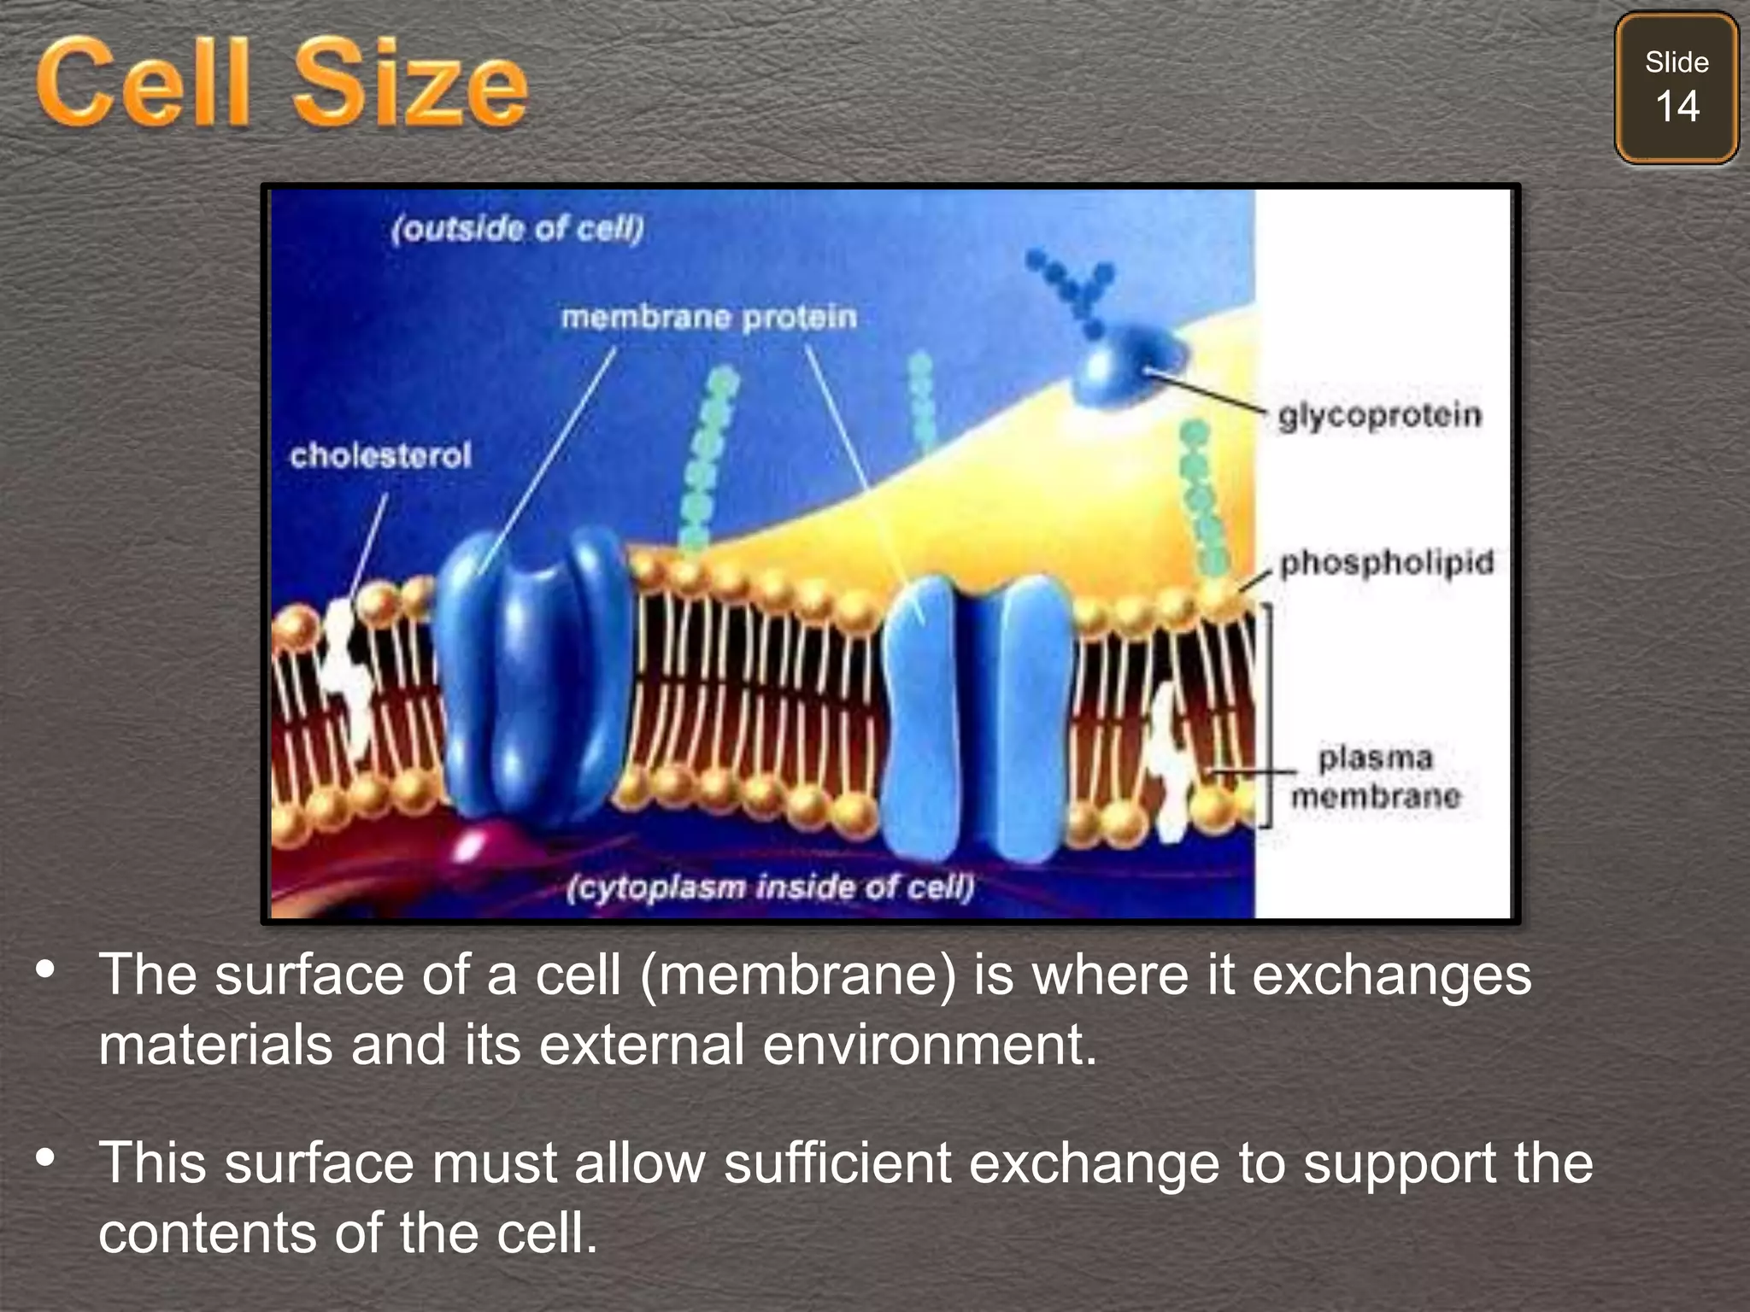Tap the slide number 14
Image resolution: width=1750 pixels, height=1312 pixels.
pyautogui.click(x=1677, y=108)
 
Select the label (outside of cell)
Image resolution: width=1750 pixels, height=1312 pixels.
pyautogui.click(x=517, y=229)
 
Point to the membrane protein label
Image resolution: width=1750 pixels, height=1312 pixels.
pyautogui.click(x=708, y=318)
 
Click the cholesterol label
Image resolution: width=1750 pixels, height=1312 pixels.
pyautogui.click(x=380, y=455)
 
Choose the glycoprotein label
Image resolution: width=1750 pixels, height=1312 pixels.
pyautogui.click(x=1379, y=416)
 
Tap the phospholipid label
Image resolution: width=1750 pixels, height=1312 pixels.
pyautogui.click(x=1386, y=563)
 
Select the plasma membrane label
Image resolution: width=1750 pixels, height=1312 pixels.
pyautogui.click(x=1375, y=777)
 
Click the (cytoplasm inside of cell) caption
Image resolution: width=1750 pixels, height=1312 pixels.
pyautogui.click(x=770, y=887)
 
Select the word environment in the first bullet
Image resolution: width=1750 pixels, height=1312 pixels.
pyautogui.click(x=929, y=1045)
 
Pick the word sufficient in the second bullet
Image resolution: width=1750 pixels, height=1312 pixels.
pyautogui.click(x=837, y=1163)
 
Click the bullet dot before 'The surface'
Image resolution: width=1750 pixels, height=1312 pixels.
pyautogui.click(x=46, y=969)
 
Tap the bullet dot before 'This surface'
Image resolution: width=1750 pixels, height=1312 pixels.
pyautogui.click(x=46, y=1158)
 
